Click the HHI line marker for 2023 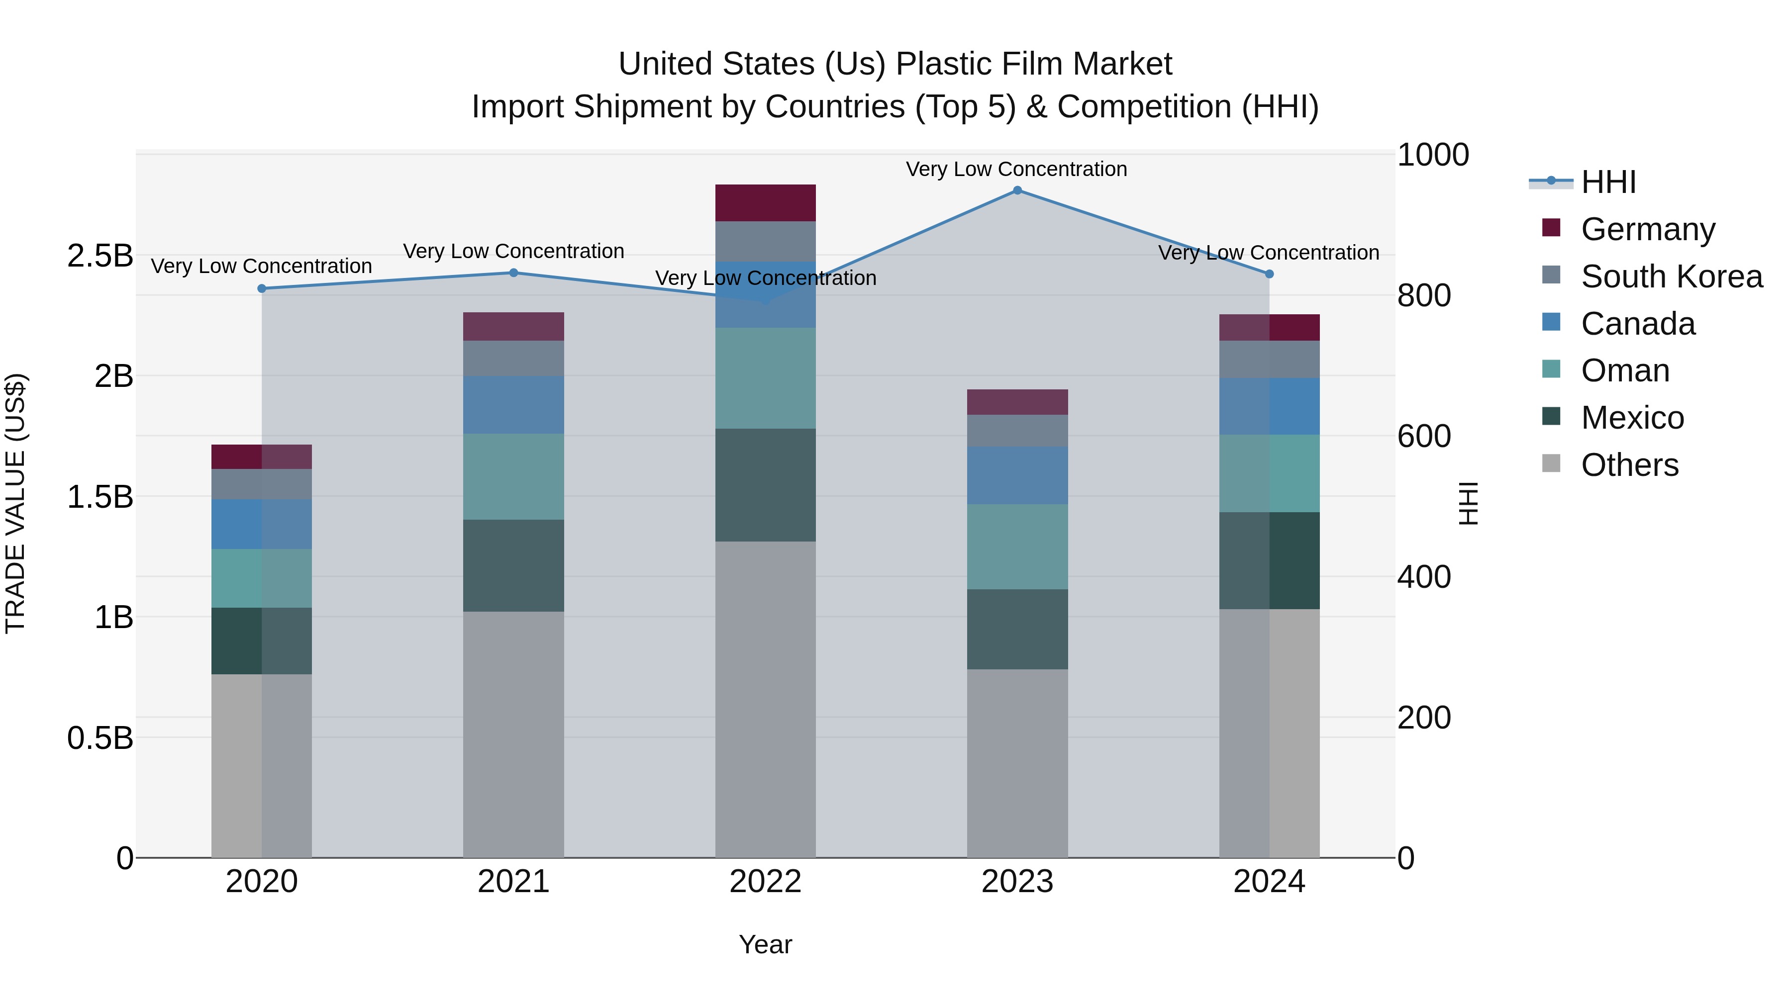click(1017, 190)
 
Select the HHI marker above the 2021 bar click(514, 273)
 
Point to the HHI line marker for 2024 click(1269, 274)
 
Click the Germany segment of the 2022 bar click(766, 203)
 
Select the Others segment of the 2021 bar click(514, 734)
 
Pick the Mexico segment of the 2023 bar click(1017, 629)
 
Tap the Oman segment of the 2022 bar click(766, 378)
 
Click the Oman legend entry click(1625, 370)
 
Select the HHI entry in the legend click(1608, 182)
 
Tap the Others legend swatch click(1551, 463)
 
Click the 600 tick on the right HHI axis click(1424, 437)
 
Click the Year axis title click(766, 944)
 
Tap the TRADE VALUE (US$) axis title click(15, 503)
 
